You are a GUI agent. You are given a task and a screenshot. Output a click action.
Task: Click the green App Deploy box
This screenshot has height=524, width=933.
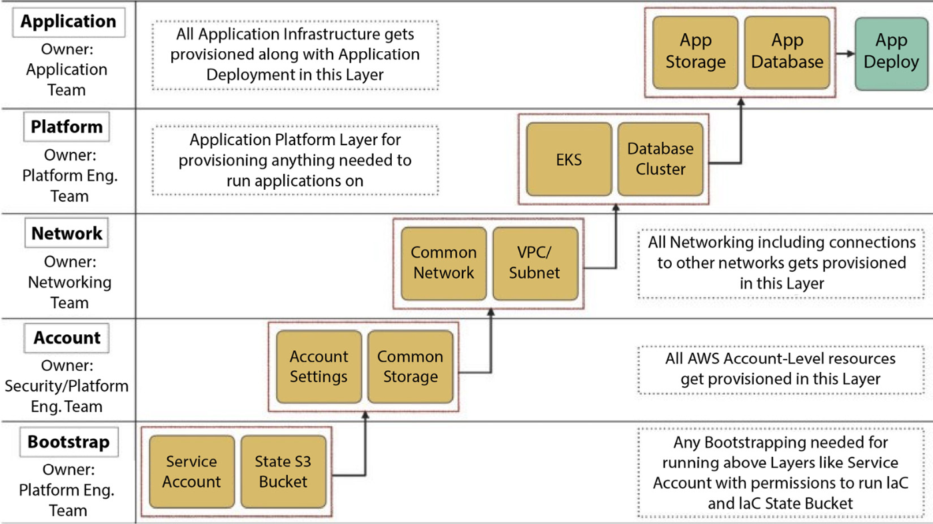click(892, 53)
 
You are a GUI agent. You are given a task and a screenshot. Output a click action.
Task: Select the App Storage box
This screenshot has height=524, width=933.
click(695, 53)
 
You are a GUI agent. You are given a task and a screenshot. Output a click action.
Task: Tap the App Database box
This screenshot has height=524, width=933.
click(787, 53)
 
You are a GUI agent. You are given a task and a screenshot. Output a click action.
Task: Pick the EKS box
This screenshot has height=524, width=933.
click(569, 159)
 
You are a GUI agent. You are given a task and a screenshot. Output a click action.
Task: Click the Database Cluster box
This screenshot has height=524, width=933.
click(660, 159)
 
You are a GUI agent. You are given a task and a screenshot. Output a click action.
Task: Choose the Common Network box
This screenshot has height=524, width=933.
click(444, 264)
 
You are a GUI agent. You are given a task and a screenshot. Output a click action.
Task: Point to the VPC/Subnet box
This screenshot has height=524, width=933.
click(535, 264)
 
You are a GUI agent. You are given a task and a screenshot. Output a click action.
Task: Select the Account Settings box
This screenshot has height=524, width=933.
click(319, 367)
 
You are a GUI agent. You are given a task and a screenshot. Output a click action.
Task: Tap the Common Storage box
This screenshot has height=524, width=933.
click(411, 367)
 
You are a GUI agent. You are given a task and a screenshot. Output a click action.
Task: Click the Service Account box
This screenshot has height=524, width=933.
click(192, 471)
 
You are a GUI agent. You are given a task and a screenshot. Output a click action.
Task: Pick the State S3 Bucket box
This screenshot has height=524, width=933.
click(283, 471)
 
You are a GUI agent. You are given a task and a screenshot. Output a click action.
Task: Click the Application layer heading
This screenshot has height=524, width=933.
click(68, 22)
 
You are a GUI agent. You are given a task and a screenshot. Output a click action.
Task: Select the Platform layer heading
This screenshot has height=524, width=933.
click(67, 127)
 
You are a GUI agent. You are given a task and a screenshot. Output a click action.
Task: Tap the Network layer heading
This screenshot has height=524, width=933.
click(67, 233)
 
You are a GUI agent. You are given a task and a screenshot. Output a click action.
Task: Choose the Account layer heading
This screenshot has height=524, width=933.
click(67, 338)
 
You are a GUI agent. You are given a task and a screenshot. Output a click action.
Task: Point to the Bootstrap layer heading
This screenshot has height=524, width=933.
click(69, 442)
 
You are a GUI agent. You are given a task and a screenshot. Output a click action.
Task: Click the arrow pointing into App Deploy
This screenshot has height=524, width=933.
click(845, 53)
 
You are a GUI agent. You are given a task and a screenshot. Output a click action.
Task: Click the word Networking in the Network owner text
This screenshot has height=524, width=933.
click(69, 282)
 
